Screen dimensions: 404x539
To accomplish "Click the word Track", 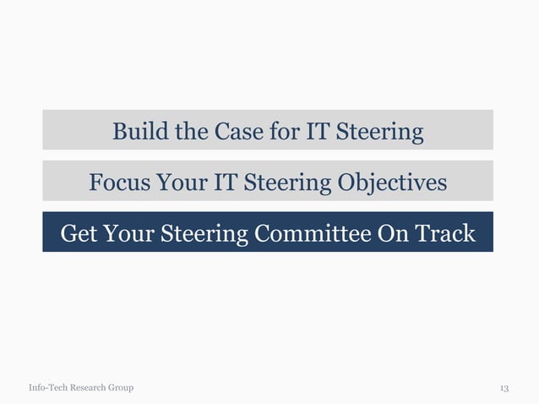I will click(444, 232).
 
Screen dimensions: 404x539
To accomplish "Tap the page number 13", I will click(504, 388).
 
